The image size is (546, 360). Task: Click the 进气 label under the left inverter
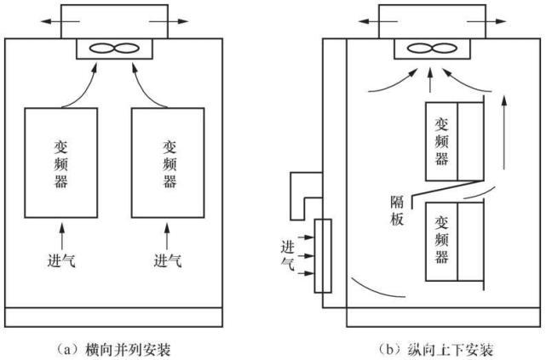coord(61,259)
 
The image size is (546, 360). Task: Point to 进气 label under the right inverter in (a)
coord(168,259)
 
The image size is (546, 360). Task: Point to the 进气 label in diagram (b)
coord(287,254)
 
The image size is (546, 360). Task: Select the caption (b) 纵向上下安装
coord(439,348)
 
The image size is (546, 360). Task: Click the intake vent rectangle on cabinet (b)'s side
coord(322,255)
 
